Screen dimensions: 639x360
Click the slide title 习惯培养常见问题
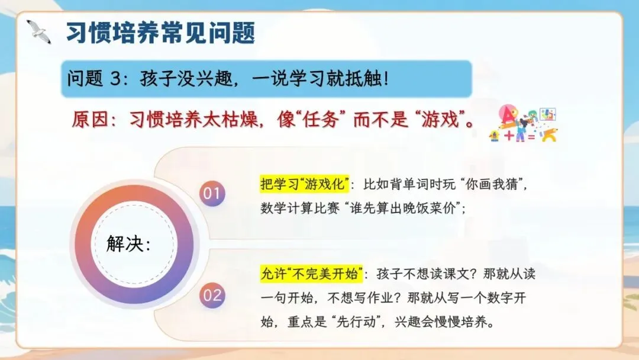click(x=160, y=33)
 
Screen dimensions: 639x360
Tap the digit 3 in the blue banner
click(x=115, y=78)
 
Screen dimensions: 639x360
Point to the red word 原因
click(x=90, y=120)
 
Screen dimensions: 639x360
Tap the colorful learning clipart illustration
click(x=523, y=124)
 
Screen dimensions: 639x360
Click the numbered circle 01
click(x=212, y=193)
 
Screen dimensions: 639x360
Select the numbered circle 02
click(x=212, y=295)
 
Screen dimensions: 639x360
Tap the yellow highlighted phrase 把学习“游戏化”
click(x=305, y=184)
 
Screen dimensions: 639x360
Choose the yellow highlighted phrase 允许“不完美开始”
click(x=311, y=274)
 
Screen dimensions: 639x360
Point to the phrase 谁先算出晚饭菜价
click(x=403, y=208)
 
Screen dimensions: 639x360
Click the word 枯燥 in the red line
click(x=240, y=120)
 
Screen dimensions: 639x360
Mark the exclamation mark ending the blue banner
click(x=386, y=78)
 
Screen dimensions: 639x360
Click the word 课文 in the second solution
click(x=456, y=274)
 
